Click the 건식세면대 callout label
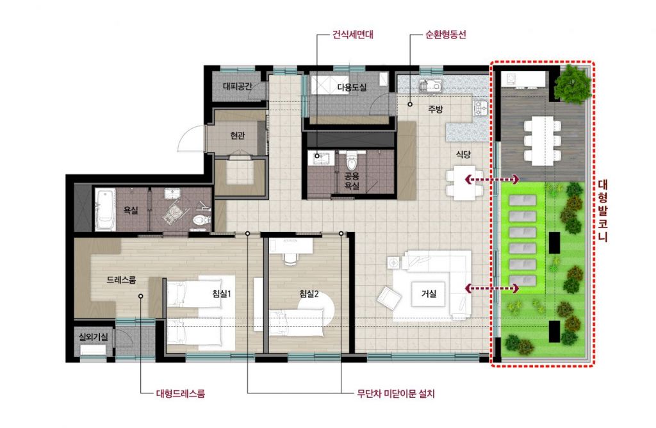[353, 35]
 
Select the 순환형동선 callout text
[446, 35]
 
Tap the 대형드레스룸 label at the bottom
[180, 393]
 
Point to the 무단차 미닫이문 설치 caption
[396, 393]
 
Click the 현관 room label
[237, 136]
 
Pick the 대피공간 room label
[238, 86]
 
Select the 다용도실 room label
[352, 87]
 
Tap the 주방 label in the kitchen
[435, 110]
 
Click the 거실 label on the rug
[429, 293]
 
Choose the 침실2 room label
[309, 293]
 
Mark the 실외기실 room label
[94, 336]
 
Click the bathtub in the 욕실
[105, 209]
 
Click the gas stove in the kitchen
[480, 108]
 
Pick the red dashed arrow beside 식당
[492, 180]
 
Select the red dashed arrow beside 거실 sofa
[492, 288]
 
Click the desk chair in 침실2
[290, 258]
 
